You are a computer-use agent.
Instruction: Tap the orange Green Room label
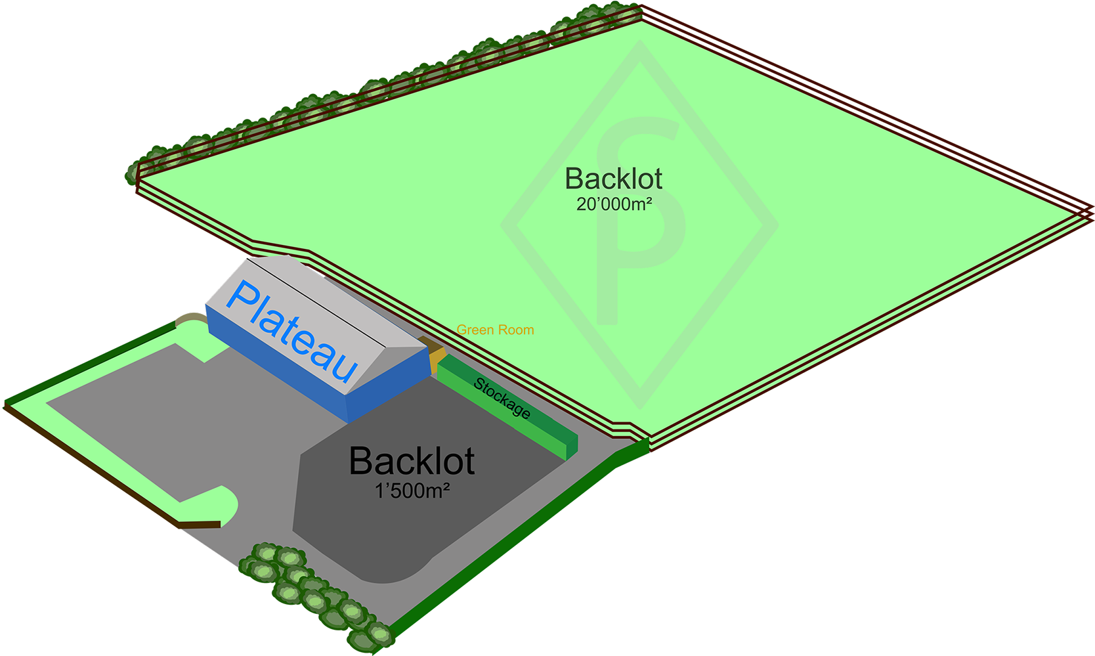[495, 330]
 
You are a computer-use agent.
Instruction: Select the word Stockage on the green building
[502, 398]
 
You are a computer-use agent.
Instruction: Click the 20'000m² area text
[614, 204]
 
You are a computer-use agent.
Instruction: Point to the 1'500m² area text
[412, 491]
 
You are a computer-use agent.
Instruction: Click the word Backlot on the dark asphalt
[412, 461]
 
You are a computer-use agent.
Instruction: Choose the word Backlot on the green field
[614, 179]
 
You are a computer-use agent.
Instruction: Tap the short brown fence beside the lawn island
[200, 525]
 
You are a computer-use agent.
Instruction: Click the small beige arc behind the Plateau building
[190, 320]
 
